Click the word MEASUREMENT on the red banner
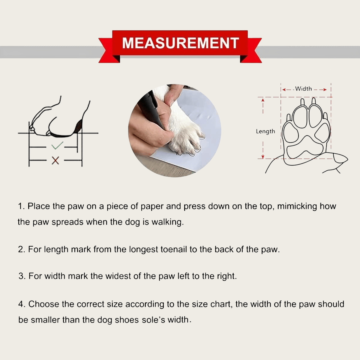pos(180,43)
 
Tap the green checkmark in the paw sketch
pos(57,146)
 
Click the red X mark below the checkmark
pos(55,160)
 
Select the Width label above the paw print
pos(303,88)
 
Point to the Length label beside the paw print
pos(265,131)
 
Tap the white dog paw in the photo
pos(183,132)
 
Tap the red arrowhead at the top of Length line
pos(263,100)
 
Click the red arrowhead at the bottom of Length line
pos(263,157)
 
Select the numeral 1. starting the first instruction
pos(21,206)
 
